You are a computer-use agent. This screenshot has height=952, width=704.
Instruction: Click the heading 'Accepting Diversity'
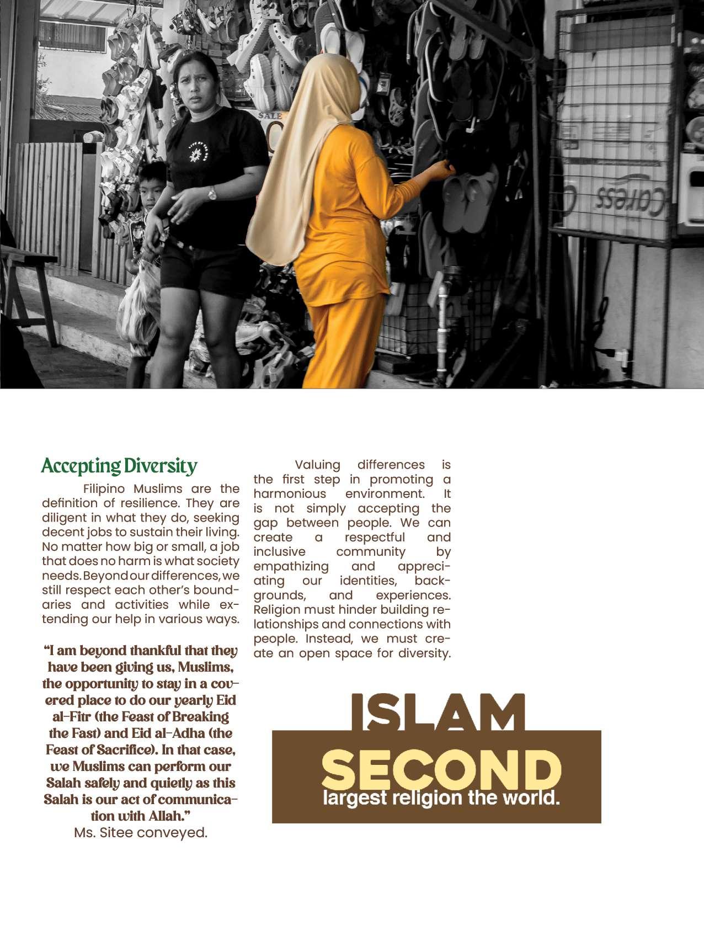pos(119,466)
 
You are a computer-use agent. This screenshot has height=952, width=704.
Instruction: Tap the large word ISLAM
pos(437,712)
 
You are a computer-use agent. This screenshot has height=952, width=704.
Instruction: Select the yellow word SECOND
pos(441,769)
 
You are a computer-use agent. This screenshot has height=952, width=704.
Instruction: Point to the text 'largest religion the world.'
pos(441,798)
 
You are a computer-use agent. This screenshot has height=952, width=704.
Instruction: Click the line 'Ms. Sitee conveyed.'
pos(141,832)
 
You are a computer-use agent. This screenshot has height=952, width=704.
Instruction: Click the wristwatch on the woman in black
pos(212,193)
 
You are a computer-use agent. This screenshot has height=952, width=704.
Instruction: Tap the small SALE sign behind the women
pos(270,116)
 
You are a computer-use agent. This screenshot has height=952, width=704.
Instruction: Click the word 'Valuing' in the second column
pos(317,465)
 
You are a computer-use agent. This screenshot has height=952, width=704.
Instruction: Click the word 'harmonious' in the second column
pos(290,493)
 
